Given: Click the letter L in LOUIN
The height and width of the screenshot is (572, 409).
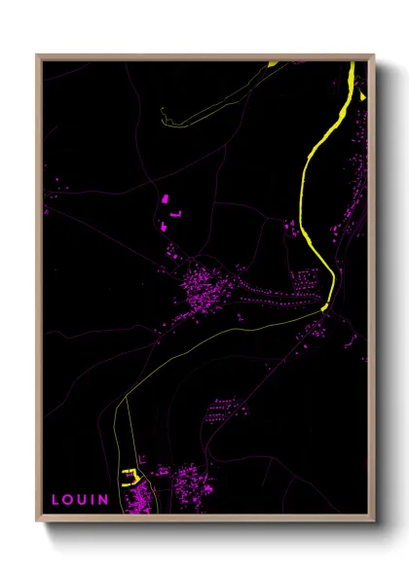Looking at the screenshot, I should point(56,499).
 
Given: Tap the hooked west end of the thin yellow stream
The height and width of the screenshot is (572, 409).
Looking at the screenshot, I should point(163,120).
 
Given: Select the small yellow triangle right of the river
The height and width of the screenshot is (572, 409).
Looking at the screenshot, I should point(362,95).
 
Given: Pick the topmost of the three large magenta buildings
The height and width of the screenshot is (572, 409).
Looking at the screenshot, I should point(165,198).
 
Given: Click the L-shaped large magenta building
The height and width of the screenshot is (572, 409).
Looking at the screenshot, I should point(176,211).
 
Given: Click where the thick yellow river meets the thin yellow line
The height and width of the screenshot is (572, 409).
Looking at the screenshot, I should point(324,309).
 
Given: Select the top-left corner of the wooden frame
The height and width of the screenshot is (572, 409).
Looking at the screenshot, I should point(38,55).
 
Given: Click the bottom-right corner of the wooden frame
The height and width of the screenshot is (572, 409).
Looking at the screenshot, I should point(374,520).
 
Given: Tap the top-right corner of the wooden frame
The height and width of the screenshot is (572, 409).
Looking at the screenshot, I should point(374,55).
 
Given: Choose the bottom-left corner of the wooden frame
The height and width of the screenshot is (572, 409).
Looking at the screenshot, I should point(38,520).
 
